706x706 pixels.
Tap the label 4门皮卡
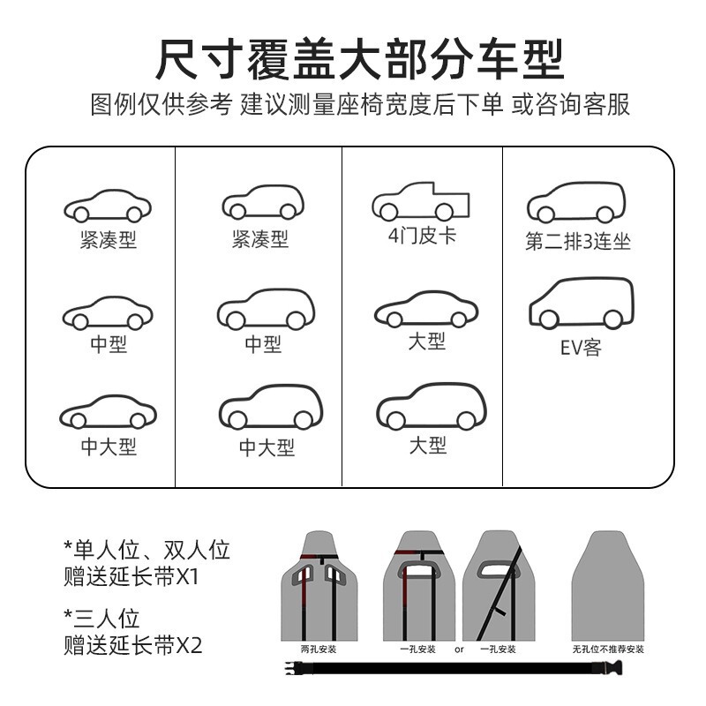pyautogui.click(x=422, y=237)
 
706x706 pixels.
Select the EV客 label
pyautogui.click(x=580, y=348)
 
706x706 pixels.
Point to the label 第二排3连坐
pyautogui.click(x=578, y=242)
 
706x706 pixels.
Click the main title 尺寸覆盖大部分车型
pyautogui.click(x=359, y=60)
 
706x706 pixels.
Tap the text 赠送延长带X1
pyautogui.click(x=132, y=579)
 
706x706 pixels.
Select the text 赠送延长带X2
pyautogui.click(x=133, y=645)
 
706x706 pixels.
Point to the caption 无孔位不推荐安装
pyautogui.click(x=607, y=650)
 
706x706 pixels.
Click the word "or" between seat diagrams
pyautogui.click(x=459, y=650)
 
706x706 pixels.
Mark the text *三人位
pyautogui.click(x=101, y=618)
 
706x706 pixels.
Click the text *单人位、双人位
pyautogui.click(x=146, y=551)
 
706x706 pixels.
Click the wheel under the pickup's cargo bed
pyautogui.click(x=444, y=213)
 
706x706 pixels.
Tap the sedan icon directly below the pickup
pyautogui.click(x=426, y=310)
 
